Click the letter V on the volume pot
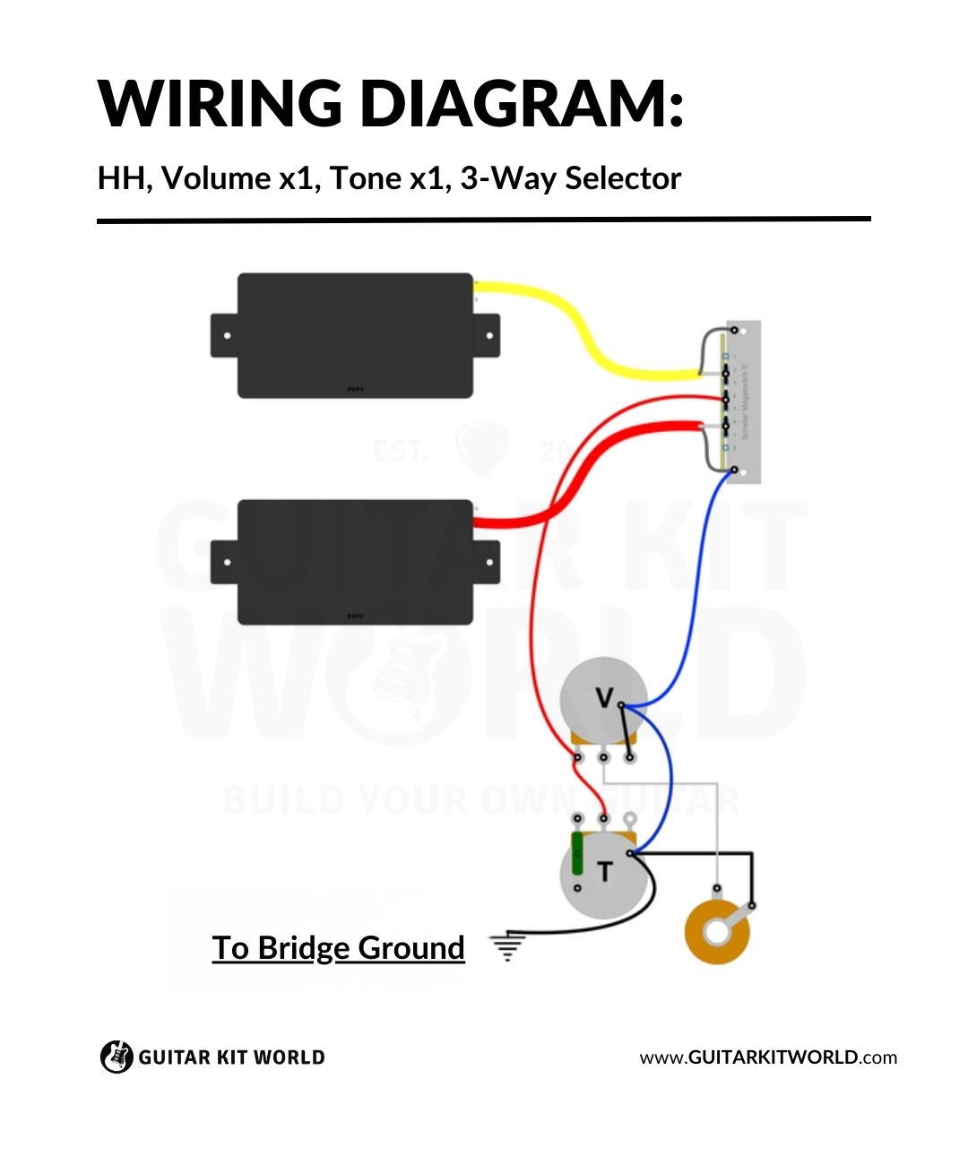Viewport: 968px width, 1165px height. [605, 698]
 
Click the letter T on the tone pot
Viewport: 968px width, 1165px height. [605, 871]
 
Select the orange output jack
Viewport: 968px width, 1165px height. [717, 932]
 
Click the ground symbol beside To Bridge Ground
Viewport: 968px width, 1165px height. [507, 946]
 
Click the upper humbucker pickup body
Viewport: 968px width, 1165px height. [355, 335]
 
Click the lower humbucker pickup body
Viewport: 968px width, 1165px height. [355, 562]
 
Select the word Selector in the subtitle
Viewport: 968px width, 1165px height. [623, 178]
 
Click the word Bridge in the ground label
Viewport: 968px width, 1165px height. [304, 948]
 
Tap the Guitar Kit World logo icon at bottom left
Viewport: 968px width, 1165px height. [116, 1057]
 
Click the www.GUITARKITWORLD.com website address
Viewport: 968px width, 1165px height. [768, 1057]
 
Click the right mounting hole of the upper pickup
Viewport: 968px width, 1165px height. [489, 336]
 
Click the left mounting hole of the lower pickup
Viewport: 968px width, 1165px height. [227, 563]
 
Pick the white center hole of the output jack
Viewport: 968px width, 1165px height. [717, 932]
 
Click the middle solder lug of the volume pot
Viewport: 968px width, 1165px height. [604, 758]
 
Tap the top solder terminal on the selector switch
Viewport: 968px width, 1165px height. [735, 330]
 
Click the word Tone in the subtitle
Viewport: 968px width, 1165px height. [365, 178]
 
